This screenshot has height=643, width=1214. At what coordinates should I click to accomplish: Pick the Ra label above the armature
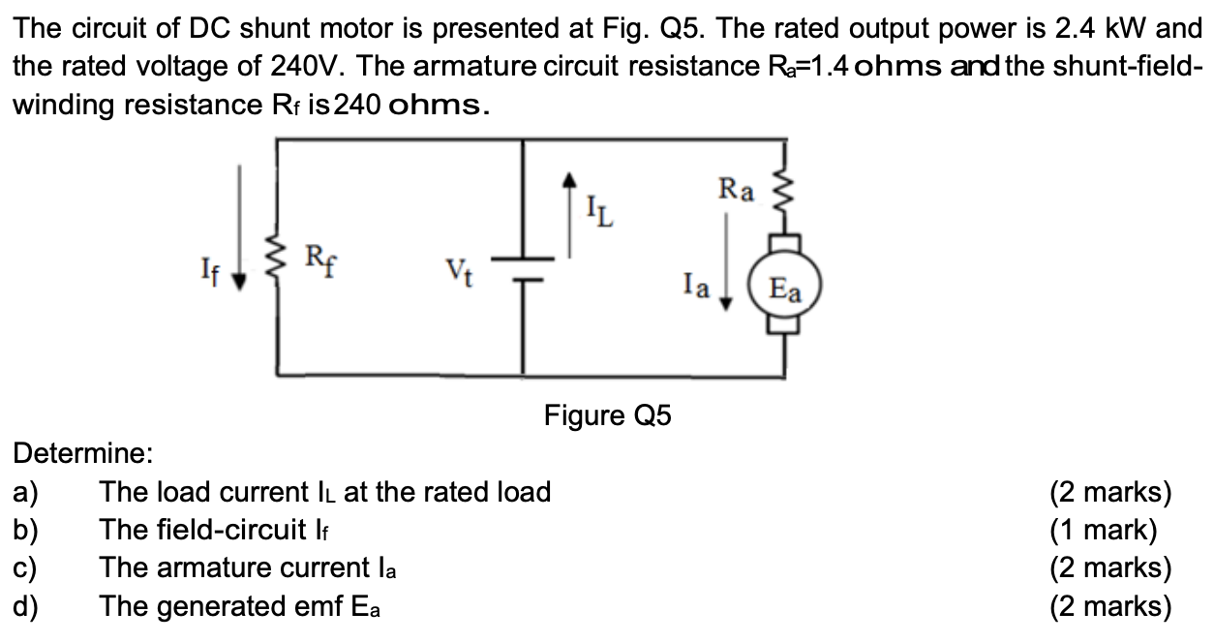click(x=736, y=189)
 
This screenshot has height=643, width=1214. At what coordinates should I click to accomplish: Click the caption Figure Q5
click(x=607, y=416)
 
